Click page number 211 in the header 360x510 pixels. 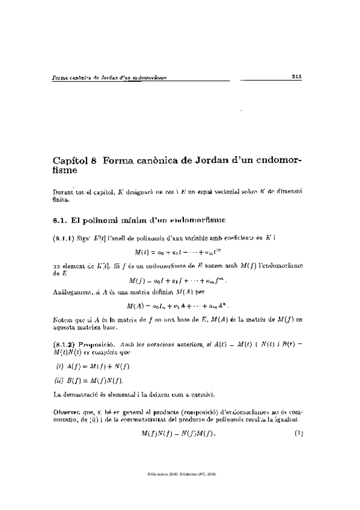[x=296, y=76]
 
